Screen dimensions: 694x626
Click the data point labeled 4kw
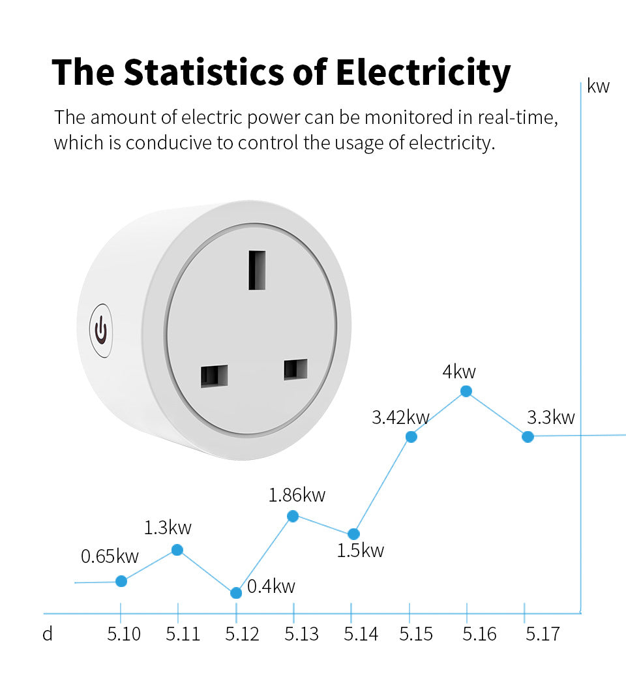pyautogui.click(x=466, y=391)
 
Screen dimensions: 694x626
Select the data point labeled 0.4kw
pyautogui.click(x=236, y=593)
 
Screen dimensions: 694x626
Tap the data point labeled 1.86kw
pyautogui.click(x=293, y=516)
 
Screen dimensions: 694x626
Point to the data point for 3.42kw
pyautogui.click(x=411, y=436)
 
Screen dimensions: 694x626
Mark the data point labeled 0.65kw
pyautogui.click(x=121, y=581)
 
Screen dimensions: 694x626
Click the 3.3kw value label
pyautogui.click(x=551, y=417)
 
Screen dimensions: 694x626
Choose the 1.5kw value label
pyautogui.click(x=361, y=551)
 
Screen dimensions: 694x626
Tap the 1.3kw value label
pyautogui.click(x=168, y=528)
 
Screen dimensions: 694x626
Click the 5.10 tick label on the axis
pyautogui.click(x=123, y=634)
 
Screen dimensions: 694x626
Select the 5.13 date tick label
pyautogui.click(x=301, y=634)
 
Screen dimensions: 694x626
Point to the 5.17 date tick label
pyautogui.click(x=543, y=634)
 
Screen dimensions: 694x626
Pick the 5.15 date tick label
pyautogui.click(x=416, y=634)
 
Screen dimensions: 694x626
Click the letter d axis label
pyautogui.click(x=48, y=634)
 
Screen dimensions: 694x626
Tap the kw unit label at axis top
pyautogui.click(x=598, y=86)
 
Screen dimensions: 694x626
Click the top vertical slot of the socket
pyautogui.click(x=257, y=269)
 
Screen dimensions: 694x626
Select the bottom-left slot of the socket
pyautogui.click(x=215, y=376)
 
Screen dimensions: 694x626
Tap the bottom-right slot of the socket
pyautogui.click(x=295, y=369)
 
